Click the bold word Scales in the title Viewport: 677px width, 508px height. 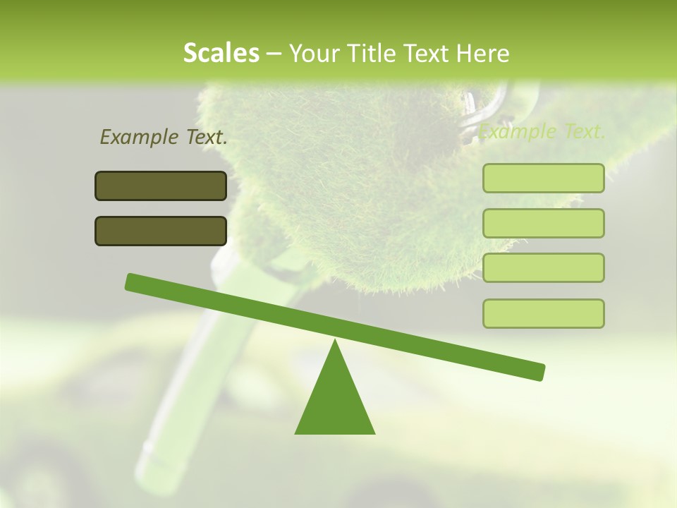(x=221, y=53)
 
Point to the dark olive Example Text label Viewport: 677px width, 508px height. (x=164, y=137)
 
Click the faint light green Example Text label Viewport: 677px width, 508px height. (x=542, y=131)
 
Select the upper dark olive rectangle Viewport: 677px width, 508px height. (x=161, y=186)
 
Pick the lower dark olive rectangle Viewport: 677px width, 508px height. (x=161, y=231)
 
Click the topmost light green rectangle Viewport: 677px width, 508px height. (x=543, y=178)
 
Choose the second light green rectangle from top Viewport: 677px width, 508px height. (x=543, y=223)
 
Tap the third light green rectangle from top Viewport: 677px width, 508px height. (x=543, y=268)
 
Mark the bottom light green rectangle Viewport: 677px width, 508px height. (x=543, y=313)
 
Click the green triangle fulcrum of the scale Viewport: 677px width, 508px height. (x=335, y=402)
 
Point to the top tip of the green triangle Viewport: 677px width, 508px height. (x=335, y=341)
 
